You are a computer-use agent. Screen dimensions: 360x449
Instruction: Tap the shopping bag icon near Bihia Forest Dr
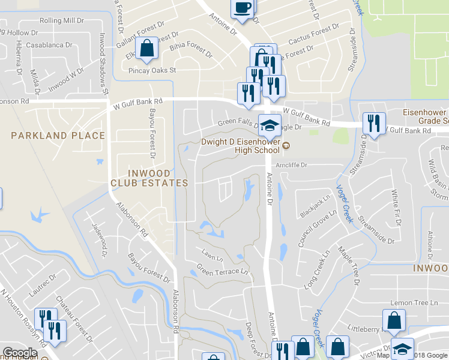[x=146, y=49]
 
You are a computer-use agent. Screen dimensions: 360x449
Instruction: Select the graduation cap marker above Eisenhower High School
[x=270, y=126]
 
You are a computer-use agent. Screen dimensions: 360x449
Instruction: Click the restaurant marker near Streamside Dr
[x=373, y=124]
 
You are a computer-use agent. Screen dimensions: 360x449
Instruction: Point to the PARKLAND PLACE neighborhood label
[x=58, y=136]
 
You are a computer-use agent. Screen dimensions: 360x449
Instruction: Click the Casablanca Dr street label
[x=47, y=44]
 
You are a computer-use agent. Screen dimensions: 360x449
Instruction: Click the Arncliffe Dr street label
[x=291, y=164]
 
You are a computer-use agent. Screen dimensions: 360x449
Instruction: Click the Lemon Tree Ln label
[x=411, y=303]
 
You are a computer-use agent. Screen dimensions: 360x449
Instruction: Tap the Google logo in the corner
[x=20, y=353]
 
